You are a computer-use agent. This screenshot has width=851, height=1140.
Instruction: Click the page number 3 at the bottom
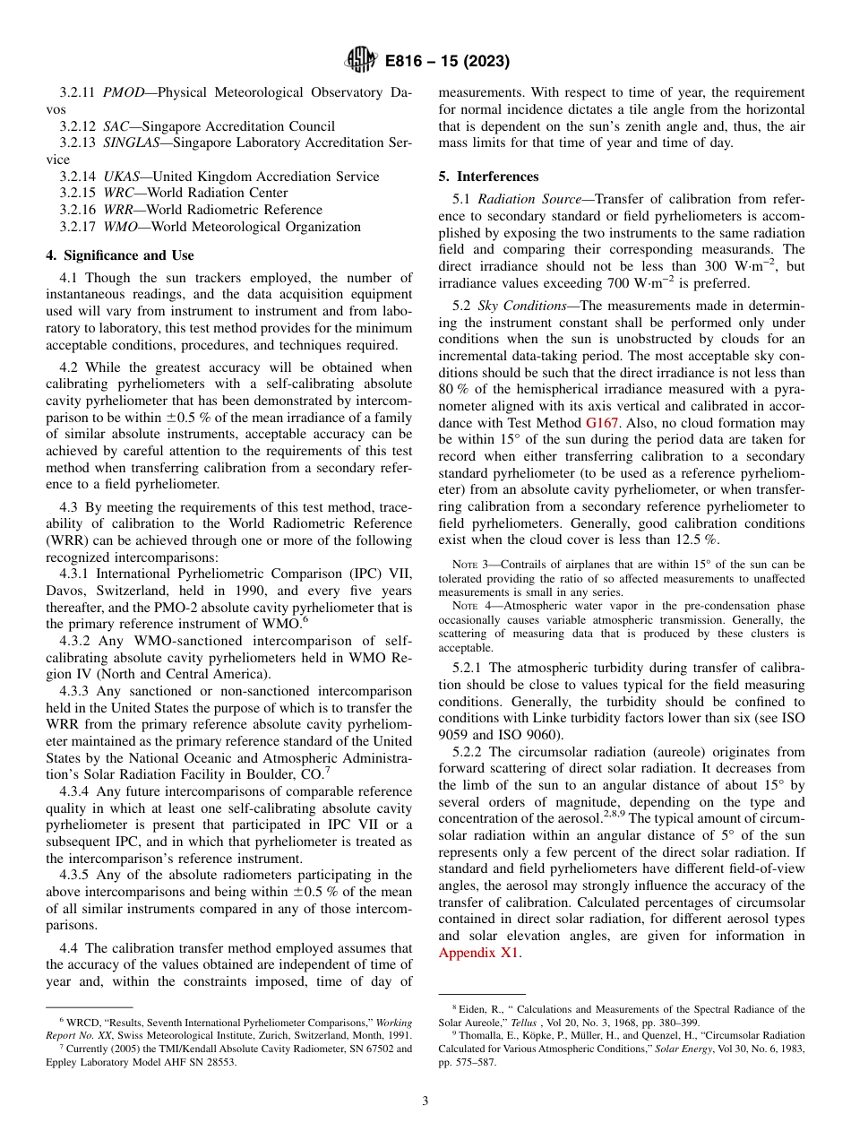point(425,1101)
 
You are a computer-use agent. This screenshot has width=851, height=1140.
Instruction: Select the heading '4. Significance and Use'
point(120,255)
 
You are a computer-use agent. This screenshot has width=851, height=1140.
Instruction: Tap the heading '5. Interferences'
point(489,177)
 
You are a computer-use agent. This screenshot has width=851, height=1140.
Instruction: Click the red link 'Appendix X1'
point(479,953)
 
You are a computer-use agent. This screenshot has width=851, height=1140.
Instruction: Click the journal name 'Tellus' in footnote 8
point(476,1022)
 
